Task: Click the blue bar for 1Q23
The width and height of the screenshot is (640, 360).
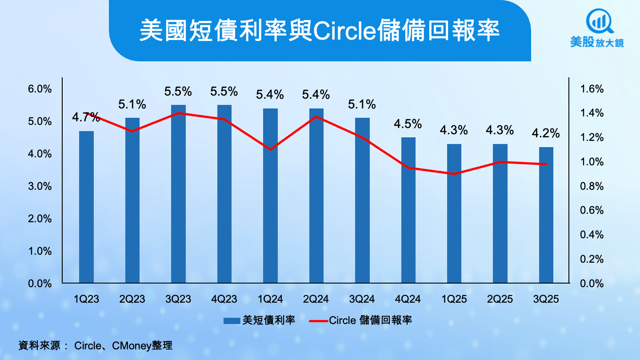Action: [x=86, y=207]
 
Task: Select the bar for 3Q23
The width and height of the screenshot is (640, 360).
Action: [x=178, y=194]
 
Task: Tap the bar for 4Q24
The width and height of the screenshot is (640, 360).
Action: [x=408, y=210]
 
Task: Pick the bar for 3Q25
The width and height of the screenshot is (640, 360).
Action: [x=546, y=215]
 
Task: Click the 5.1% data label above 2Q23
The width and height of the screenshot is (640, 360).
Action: [x=132, y=105]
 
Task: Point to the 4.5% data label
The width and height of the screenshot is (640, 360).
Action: [x=408, y=124]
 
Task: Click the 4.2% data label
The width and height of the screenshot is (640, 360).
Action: [x=546, y=134]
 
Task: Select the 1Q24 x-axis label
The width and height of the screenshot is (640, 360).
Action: [x=270, y=299]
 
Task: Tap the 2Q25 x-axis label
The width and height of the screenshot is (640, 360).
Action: [x=500, y=299]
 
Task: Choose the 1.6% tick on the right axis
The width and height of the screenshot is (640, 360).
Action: [x=592, y=89]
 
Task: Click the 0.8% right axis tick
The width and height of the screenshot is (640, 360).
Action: [x=592, y=186]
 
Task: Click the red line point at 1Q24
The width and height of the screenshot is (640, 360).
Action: [x=270, y=149]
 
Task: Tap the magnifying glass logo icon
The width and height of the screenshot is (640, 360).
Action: [x=599, y=20]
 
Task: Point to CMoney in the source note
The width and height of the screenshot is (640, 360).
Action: [x=131, y=345]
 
